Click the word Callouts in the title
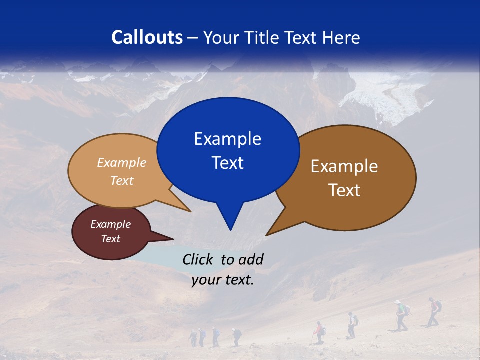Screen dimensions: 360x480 (147, 37)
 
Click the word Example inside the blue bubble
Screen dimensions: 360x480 (227, 139)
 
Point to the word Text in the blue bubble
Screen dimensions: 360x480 (227, 163)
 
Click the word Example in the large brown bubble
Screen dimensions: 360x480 (344, 166)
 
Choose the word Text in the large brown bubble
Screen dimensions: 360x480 (344, 190)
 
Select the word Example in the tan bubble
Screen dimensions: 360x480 (122, 162)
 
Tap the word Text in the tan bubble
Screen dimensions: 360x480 (122, 180)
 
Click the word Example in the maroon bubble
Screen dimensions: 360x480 (110, 224)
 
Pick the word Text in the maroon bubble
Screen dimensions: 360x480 (110, 239)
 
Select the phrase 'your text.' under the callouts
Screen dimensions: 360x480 (223, 280)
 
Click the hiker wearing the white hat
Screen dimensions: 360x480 (400, 315)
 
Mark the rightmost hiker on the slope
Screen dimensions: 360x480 (434, 311)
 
